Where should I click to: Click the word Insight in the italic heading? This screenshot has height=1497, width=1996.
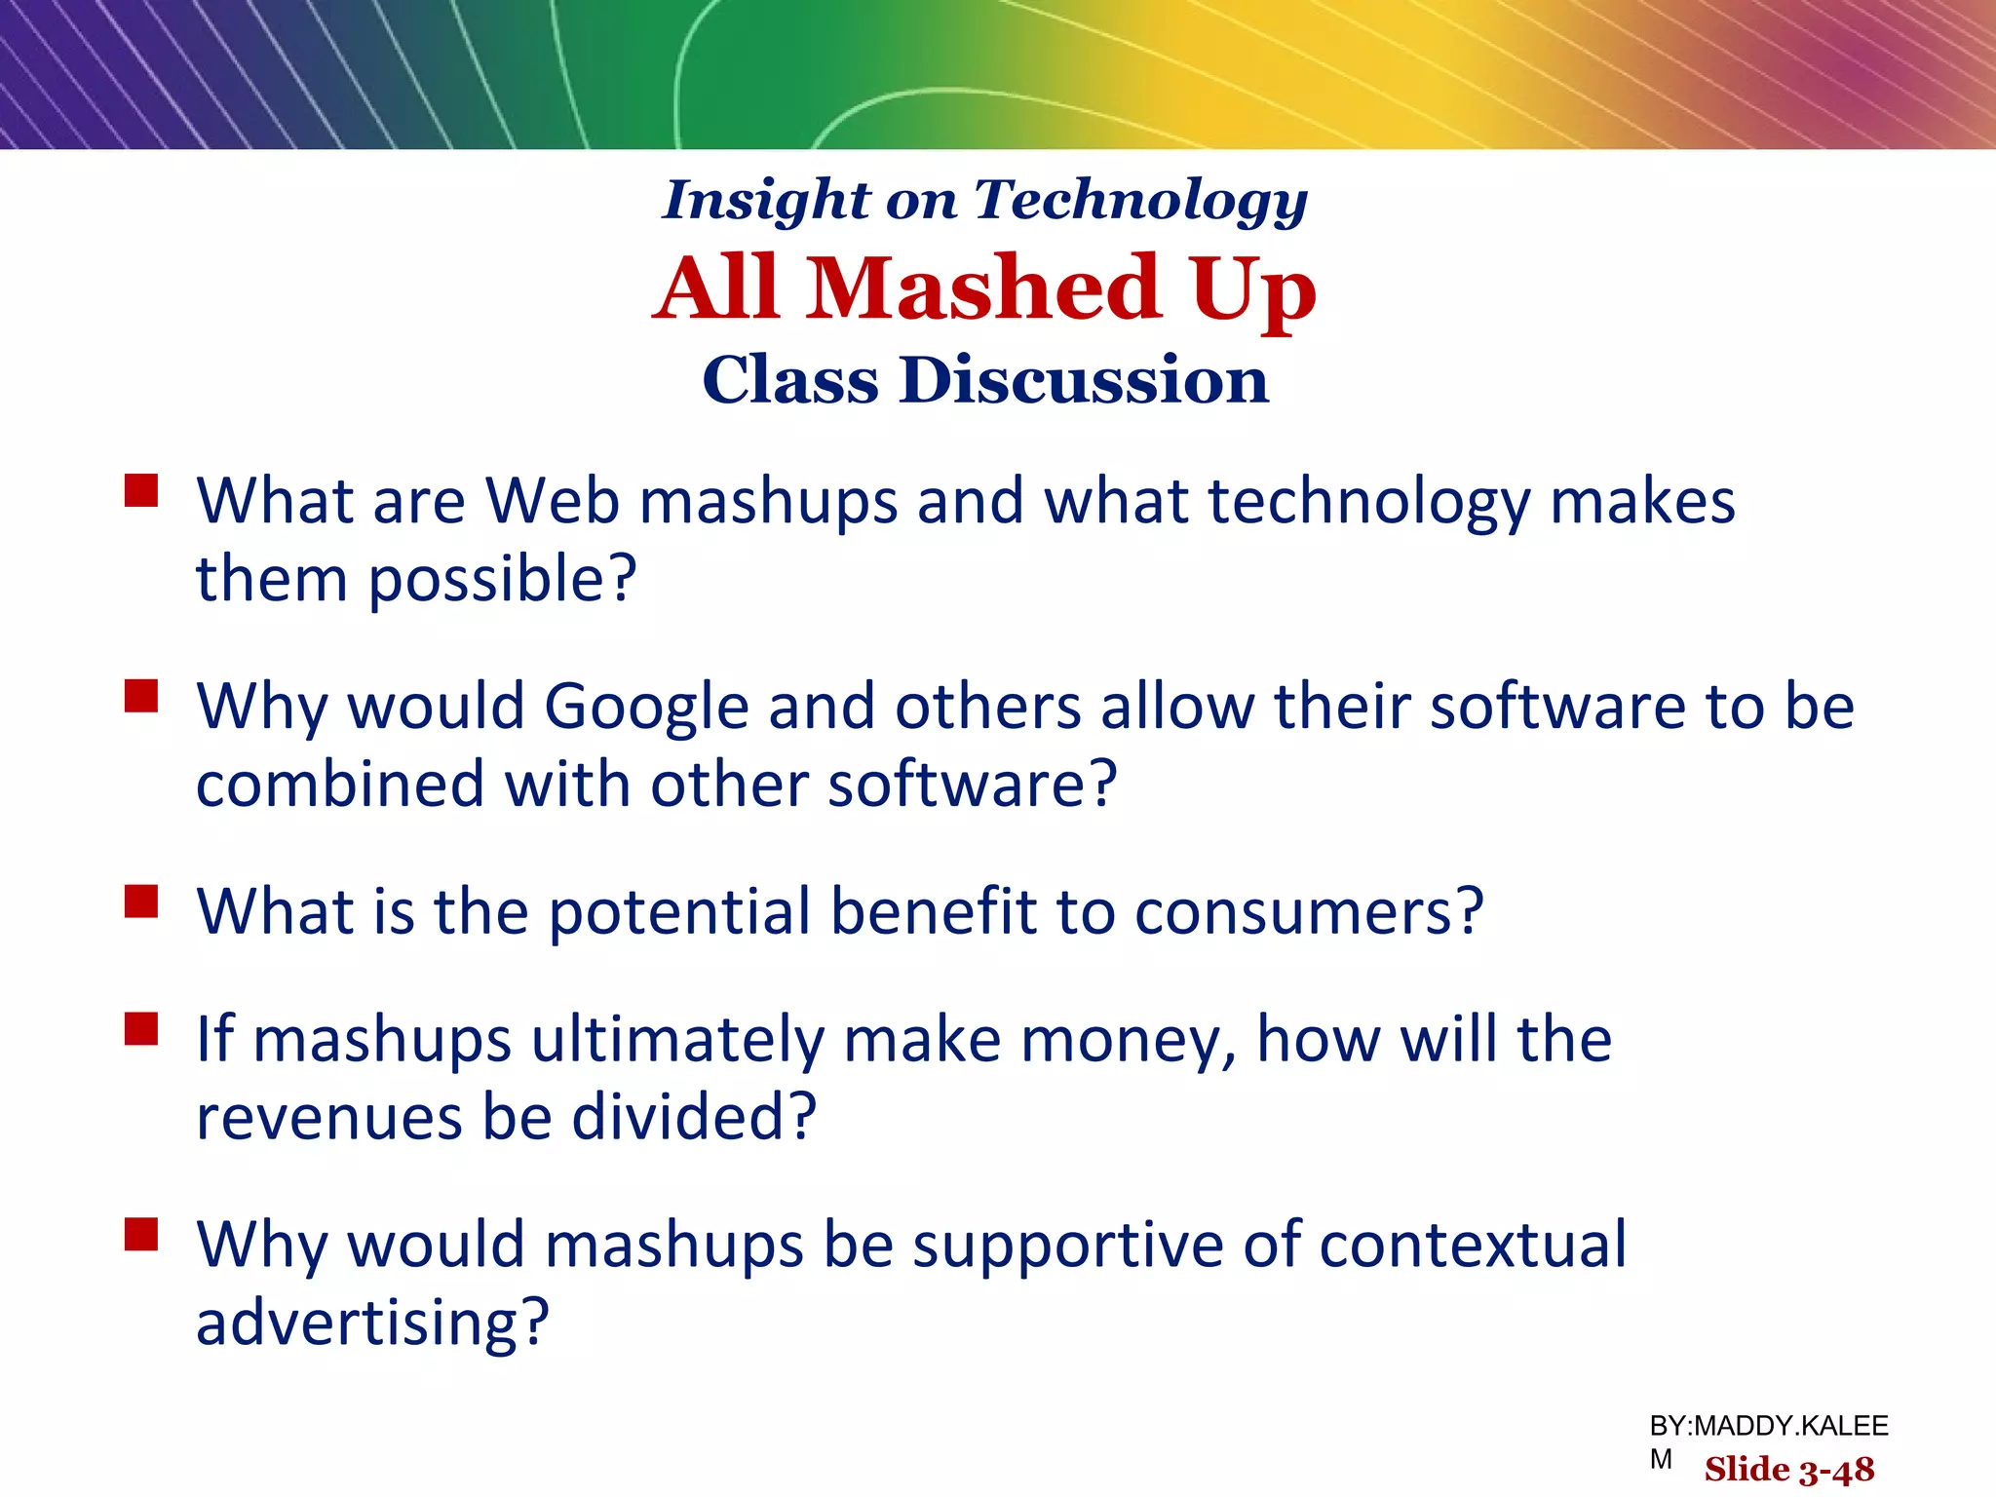(x=765, y=200)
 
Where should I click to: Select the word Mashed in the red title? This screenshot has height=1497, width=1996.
(x=984, y=288)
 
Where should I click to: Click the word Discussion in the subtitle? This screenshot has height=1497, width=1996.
(x=1085, y=379)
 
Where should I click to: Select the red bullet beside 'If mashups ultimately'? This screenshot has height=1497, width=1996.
(x=141, y=1029)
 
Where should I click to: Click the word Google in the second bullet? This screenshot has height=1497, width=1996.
(x=646, y=707)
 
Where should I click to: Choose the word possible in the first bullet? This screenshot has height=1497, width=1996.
(x=502, y=579)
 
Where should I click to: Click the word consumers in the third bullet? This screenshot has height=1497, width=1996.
(x=1308, y=912)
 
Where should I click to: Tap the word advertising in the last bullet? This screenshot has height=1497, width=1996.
(x=372, y=1323)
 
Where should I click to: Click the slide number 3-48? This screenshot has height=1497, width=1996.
(x=1836, y=1470)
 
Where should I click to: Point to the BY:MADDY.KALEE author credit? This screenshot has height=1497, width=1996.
(x=1769, y=1427)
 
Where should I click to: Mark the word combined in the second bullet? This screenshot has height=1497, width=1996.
(x=340, y=785)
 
